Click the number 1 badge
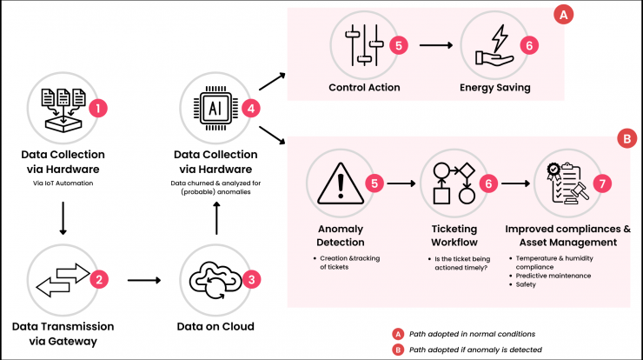click(x=98, y=109)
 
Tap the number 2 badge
click(x=99, y=279)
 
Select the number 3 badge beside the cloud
click(x=251, y=279)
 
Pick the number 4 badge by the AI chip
click(x=251, y=109)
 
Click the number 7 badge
click(x=602, y=183)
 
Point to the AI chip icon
click(x=215, y=109)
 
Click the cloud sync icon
click(x=215, y=280)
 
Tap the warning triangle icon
click(x=341, y=183)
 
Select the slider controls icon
click(x=364, y=45)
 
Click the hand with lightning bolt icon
click(x=494, y=45)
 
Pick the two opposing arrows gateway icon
click(x=63, y=280)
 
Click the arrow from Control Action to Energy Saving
click(x=436, y=45)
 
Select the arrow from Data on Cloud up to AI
click(x=216, y=218)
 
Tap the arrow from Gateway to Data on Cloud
click(x=144, y=280)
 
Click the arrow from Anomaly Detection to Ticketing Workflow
click(x=401, y=183)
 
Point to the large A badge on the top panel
click(x=563, y=15)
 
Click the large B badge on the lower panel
click(x=627, y=139)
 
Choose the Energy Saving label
click(x=495, y=88)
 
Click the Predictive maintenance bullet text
click(x=554, y=276)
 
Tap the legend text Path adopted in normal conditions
click(x=472, y=334)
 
